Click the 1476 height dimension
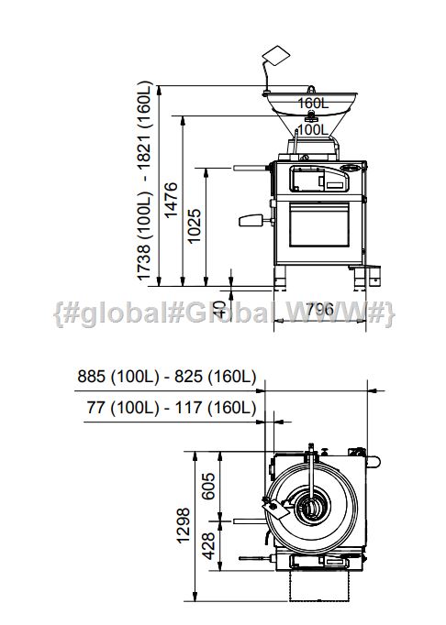point(171,200)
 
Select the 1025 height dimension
point(194,226)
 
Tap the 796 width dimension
point(320,310)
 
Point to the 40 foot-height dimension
point(218,309)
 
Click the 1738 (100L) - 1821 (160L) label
point(145,181)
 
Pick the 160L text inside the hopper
point(313,104)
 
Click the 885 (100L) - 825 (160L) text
point(166,377)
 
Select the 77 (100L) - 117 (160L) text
point(172,408)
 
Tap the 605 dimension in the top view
point(208,487)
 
